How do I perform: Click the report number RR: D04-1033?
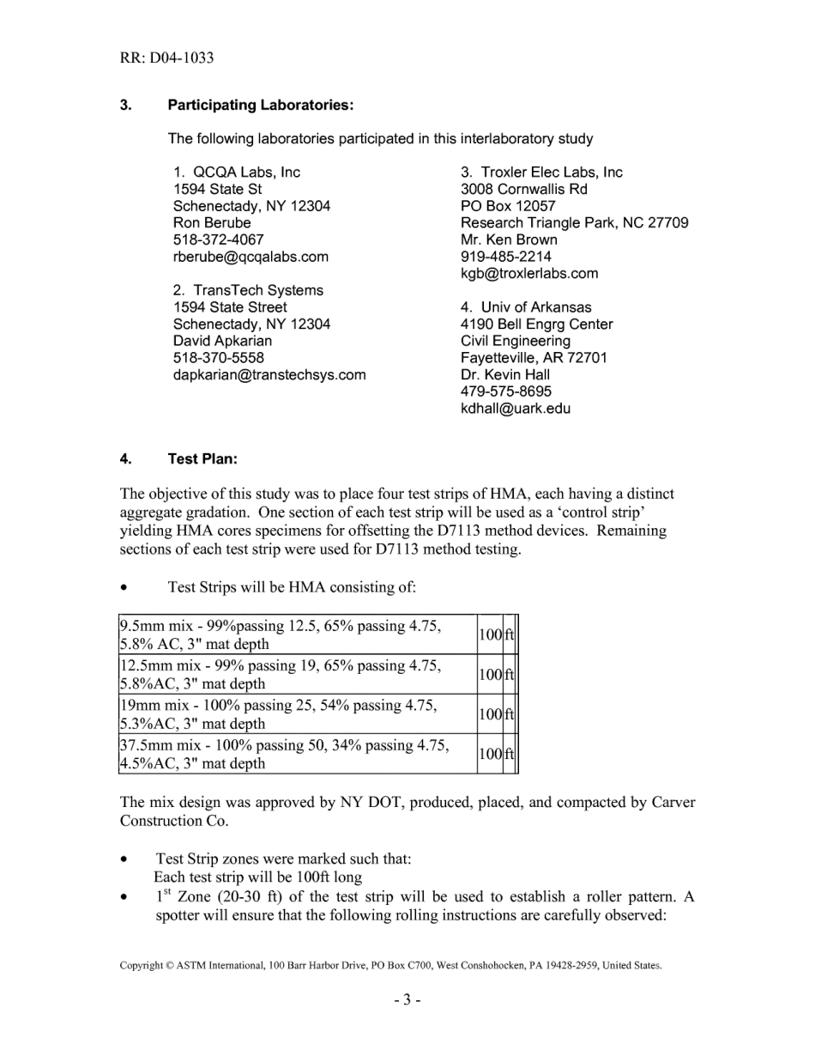(x=166, y=58)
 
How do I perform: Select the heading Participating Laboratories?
(x=261, y=105)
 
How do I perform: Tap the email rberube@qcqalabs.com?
(x=251, y=257)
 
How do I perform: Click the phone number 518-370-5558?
(x=218, y=357)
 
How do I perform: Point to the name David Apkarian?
(x=222, y=341)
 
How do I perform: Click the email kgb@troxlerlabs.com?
(x=529, y=274)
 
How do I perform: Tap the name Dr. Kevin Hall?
(x=505, y=374)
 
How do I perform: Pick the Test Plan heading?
(x=202, y=458)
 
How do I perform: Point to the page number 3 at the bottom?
(x=407, y=999)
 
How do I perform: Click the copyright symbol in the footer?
(x=169, y=966)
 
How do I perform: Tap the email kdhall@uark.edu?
(x=515, y=409)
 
